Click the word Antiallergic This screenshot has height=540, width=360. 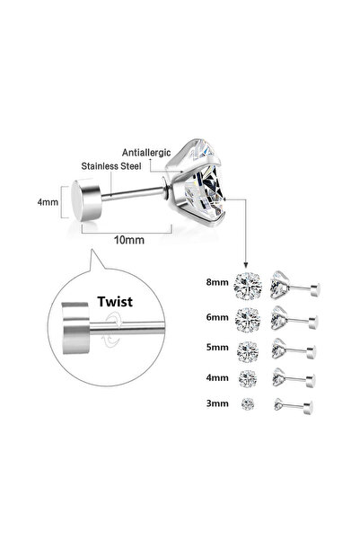(146, 153)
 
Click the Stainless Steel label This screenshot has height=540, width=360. (111, 166)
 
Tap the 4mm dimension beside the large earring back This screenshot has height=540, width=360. (48, 202)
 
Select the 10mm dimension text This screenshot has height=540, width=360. (129, 240)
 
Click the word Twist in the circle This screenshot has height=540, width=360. (115, 302)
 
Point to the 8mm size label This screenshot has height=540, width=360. (217, 282)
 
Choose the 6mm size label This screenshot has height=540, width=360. (217, 317)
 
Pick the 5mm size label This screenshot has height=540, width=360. (217, 347)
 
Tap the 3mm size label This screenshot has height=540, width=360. (217, 403)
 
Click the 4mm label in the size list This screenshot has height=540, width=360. (217, 377)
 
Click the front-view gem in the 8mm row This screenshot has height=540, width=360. (248, 286)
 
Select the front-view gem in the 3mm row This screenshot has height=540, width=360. (248, 403)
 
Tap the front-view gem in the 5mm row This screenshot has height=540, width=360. (248, 351)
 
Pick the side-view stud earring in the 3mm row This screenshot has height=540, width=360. (294, 406)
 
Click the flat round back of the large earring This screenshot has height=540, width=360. (86, 199)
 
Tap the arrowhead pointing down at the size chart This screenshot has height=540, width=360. (246, 264)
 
